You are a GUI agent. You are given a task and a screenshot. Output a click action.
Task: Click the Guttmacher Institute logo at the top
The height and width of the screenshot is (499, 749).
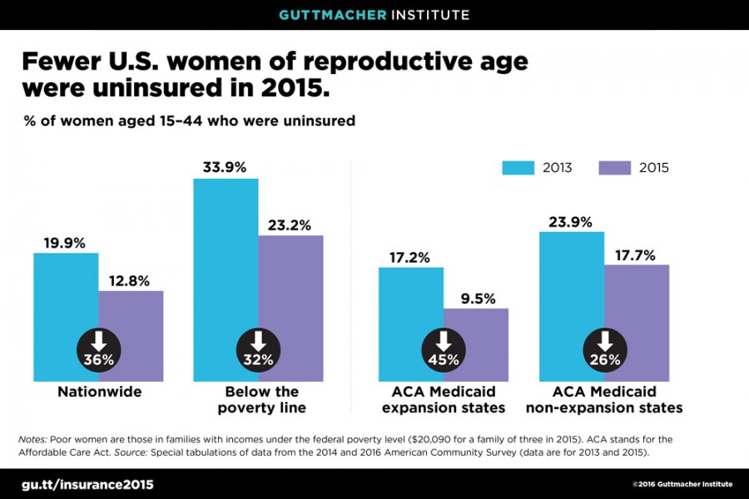pos(374,14)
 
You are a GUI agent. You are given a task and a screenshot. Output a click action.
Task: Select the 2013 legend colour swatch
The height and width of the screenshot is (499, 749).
pos(516,168)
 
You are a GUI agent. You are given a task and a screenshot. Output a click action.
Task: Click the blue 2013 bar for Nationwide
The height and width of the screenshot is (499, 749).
pos(66,291)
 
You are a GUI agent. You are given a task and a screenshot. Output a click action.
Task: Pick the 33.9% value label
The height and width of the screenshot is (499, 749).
pos(225,167)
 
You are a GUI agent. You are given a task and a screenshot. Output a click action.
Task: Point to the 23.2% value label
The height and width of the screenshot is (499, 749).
pos(290,225)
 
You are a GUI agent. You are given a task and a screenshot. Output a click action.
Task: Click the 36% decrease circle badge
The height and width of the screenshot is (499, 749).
pos(98,349)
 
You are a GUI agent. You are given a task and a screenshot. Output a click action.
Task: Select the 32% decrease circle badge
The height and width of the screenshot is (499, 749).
pos(258,349)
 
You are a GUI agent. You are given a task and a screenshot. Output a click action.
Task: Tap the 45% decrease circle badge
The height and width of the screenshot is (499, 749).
pos(444,349)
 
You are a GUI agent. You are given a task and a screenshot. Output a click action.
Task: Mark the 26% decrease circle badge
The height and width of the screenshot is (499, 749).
pos(604,349)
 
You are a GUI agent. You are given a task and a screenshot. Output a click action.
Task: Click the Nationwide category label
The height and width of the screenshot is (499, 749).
pos(99,392)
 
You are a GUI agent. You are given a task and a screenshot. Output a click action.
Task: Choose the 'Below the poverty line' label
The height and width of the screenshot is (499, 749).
pos(261,399)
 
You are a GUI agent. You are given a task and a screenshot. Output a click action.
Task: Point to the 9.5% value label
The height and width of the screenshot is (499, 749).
pos(476,297)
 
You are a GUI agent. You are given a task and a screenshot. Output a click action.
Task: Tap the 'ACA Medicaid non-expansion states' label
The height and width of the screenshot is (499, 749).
pos(604,399)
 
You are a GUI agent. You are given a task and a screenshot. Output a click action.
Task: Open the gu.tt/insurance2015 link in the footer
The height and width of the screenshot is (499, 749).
pos(87,484)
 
